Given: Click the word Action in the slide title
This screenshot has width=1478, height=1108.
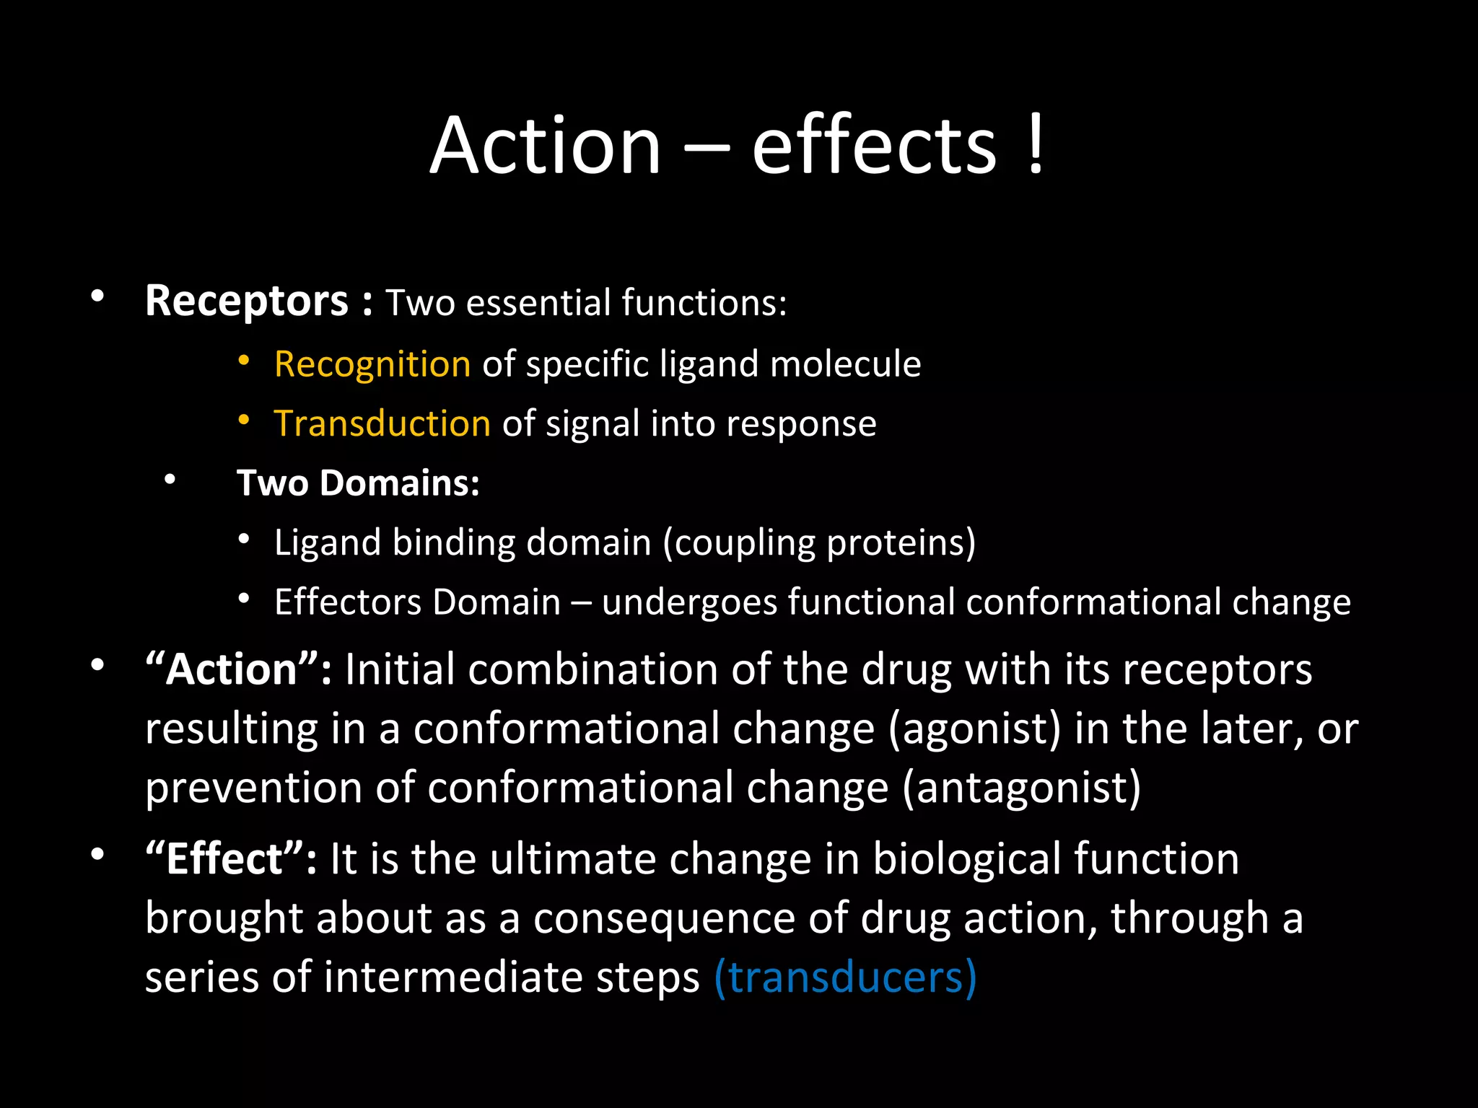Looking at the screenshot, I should (x=546, y=146).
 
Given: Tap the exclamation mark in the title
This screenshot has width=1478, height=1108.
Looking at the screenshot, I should (x=1035, y=146).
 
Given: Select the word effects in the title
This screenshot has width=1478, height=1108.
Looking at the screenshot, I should (x=874, y=146).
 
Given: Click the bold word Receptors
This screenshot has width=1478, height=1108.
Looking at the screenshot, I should (x=247, y=301).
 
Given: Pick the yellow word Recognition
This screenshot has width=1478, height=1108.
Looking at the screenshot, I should (x=372, y=364).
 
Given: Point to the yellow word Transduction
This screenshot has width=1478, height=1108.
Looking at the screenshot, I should (x=382, y=423).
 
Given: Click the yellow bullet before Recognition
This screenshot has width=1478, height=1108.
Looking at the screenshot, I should (x=244, y=360).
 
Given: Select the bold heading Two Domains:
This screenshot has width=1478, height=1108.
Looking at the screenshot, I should (x=358, y=483).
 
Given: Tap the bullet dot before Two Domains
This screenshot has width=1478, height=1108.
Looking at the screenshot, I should (x=170, y=480).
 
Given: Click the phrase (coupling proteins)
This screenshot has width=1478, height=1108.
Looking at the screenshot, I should (x=819, y=542).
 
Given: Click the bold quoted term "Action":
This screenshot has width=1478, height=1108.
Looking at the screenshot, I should (x=239, y=669).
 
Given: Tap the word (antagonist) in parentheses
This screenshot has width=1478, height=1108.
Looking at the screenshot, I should (x=1022, y=788).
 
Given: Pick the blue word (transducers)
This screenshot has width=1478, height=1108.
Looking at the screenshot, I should (x=845, y=977).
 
